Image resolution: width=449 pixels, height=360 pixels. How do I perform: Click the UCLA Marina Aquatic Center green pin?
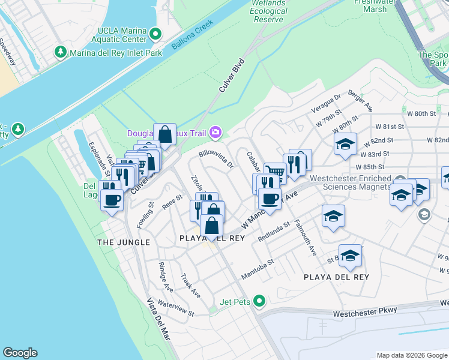(x=155, y=34)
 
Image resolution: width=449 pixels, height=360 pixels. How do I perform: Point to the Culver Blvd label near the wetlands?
(x=231, y=74)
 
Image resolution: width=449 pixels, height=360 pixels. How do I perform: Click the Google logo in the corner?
(x=20, y=353)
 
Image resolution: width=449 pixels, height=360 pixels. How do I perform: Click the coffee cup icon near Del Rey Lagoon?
(x=112, y=200)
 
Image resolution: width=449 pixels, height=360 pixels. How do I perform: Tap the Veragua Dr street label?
(x=328, y=103)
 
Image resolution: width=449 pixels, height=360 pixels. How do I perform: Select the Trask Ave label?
(x=191, y=286)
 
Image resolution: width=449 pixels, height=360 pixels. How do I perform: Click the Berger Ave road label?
(x=360, y=103)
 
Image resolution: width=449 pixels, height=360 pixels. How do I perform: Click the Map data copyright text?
(x=411, y=355)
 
